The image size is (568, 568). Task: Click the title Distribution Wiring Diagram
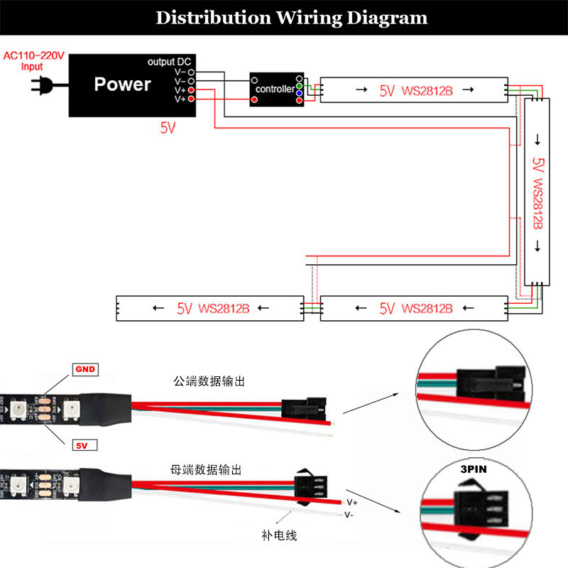point(291,17)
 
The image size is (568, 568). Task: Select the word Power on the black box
point(122,84)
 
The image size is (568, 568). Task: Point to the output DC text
point(170,62)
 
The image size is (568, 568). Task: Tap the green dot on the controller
point(300,86)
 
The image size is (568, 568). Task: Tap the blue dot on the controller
point(300,94)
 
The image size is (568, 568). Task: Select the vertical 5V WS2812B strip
point(537,192)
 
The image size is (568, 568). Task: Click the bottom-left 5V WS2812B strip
point(205,308)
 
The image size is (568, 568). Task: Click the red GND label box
point(84,370)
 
